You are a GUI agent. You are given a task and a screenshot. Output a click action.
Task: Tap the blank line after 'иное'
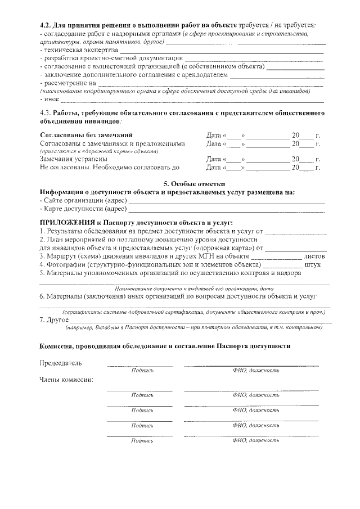[191, 101]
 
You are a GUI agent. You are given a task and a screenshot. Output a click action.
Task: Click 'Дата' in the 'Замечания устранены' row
[214, 159]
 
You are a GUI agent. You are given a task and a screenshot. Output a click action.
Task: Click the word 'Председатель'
[61, 362]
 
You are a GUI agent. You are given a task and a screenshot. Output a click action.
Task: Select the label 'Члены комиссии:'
[66, 379]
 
